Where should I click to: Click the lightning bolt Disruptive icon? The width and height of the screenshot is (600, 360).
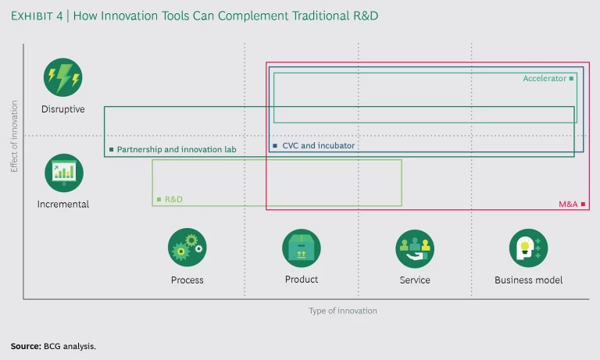coord(62,77)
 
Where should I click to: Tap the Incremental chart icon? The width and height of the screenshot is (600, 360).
coord(62,173)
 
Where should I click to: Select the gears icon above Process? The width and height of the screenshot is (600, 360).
coord(187,248)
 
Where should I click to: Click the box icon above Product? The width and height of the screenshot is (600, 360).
coord(301,248)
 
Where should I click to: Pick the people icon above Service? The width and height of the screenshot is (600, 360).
coord(414,248)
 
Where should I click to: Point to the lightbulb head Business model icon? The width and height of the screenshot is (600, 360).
coord(528,248)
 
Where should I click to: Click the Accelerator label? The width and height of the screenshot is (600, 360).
coord(545,78)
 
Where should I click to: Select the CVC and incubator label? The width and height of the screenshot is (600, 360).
coord(318,145)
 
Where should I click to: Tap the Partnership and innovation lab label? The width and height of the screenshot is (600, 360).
coord(176,149)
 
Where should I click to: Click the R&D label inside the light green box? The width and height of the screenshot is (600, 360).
coord(173,199)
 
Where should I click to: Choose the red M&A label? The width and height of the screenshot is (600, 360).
coord(568,203)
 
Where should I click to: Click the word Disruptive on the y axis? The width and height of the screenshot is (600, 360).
coord(62,109)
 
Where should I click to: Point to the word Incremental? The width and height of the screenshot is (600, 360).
coord(62,205)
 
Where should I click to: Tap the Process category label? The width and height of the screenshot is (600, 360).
coord(187,280)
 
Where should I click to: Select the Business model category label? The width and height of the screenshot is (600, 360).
coord(528,280)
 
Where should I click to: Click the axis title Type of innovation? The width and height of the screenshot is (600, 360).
coord(342,311)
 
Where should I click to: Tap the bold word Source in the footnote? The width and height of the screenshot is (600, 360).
coord(26,345)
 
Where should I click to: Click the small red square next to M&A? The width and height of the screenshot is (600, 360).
coord(583,203)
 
